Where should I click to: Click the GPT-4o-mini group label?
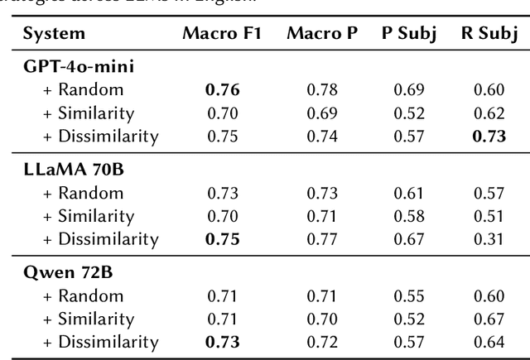pos(78,67)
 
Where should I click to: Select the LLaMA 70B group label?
pos(70,170)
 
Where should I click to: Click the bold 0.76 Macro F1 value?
pos(222,89)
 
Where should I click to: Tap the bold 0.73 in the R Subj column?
pos(489,136)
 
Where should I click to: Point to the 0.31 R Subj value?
pos(489,238)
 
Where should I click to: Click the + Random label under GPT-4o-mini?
pos(83,89)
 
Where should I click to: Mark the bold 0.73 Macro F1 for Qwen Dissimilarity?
pos(222,341)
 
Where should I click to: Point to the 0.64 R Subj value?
pos(489,341)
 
